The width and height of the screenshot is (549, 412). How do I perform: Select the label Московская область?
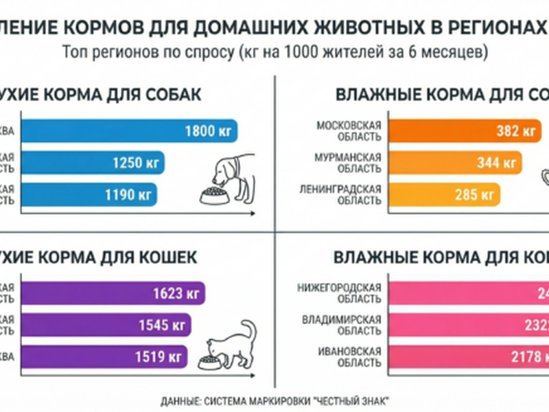click(x=349, y=131)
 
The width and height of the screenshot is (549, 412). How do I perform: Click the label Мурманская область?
click(x=349, y=163)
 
